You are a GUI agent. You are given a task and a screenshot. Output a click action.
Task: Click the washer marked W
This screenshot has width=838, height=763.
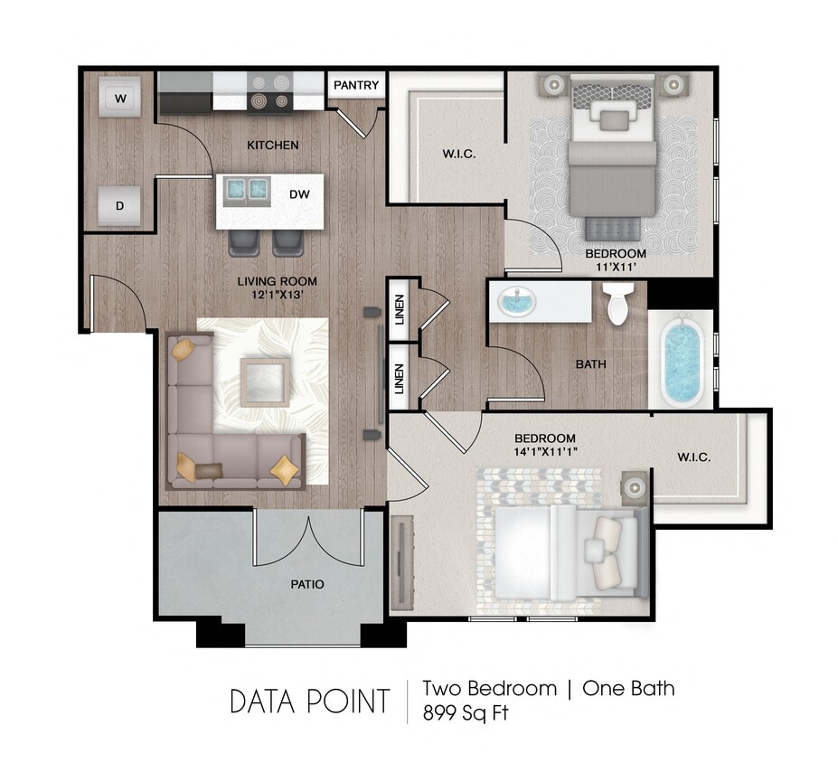tap(119, 97)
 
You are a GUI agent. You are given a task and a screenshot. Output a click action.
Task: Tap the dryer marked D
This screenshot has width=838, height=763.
tap(119, 205)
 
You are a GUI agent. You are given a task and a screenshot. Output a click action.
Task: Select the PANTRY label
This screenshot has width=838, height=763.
tap(356, 86)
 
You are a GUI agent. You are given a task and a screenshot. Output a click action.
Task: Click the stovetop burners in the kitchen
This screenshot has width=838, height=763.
tap(268, 93)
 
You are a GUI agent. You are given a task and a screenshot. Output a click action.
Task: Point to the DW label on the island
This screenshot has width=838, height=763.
tap(299, 193)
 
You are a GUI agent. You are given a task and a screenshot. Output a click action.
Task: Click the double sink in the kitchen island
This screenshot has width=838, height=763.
tap(247, 189)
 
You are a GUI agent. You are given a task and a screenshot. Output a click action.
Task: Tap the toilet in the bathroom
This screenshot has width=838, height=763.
tap(618, 304)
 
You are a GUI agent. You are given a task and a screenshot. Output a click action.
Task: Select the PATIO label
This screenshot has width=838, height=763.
tap(307, 584)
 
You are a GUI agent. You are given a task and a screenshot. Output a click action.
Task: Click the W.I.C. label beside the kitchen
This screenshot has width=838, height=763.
tap(458, 154)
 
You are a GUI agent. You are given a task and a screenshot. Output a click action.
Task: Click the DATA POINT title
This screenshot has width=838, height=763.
tap(310, 702)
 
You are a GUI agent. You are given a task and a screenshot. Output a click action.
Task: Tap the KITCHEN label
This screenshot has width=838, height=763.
tap(272, 145)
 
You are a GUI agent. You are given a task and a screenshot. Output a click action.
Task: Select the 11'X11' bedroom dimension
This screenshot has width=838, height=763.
tap(615, 268)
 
